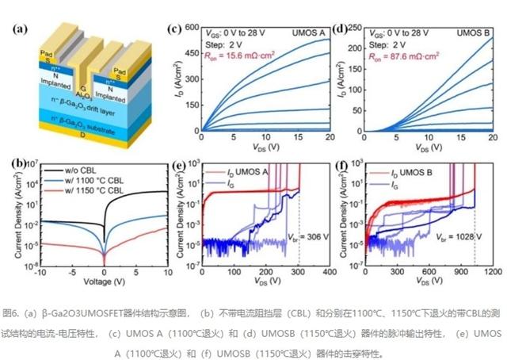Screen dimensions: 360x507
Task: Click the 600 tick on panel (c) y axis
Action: point(193,29)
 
